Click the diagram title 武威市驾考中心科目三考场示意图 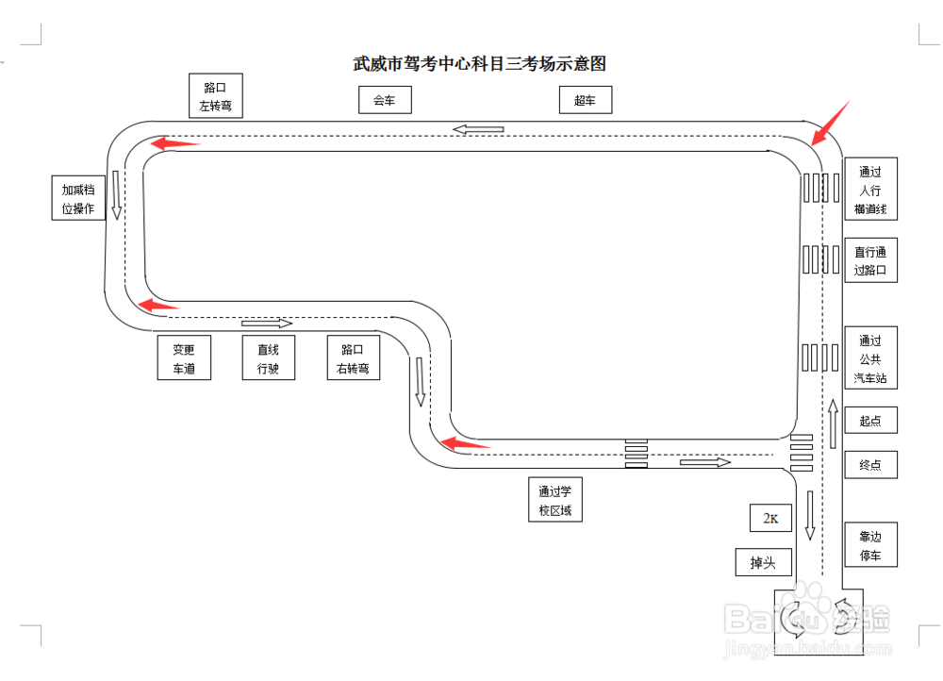[479, 64]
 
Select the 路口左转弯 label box [216, 96]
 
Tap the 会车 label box [385, 100]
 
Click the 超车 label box [585, 100]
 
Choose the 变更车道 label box [184, 357]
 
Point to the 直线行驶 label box [268, 357]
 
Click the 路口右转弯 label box [353, 357]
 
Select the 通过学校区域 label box [555, 500]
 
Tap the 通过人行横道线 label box [870, 190]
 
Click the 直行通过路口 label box [870, 259]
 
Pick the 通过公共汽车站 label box [870, 357]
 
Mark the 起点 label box [870, 421]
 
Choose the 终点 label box [870, 464]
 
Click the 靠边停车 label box [870, 544]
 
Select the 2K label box [770, 518]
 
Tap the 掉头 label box [763, 562]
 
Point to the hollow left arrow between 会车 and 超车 [478, 129]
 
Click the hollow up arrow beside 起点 [833, 423]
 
